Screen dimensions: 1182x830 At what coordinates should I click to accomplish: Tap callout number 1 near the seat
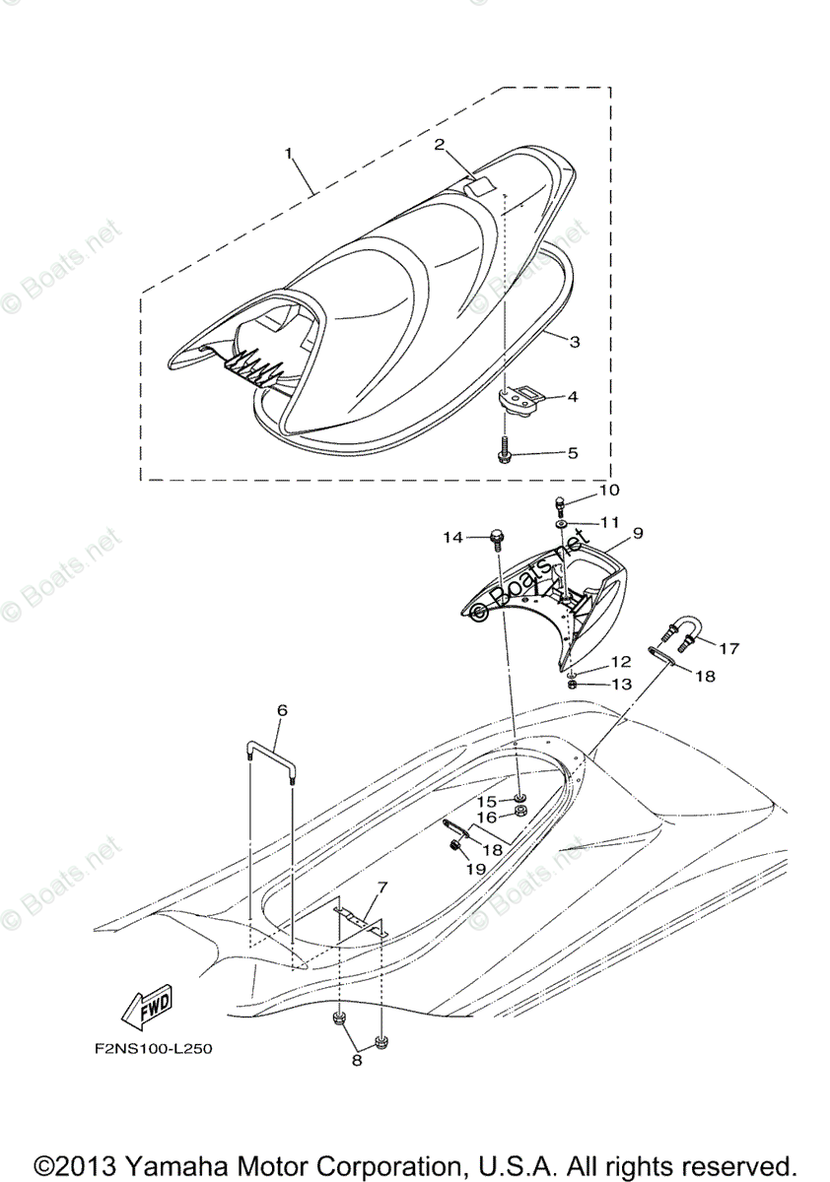point(289,153)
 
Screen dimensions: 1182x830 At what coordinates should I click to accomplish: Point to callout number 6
point(282,709)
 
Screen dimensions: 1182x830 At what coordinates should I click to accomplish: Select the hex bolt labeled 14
point(497,538)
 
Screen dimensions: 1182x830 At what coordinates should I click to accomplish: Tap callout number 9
point(638,533)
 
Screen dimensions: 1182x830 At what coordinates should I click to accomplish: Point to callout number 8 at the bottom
point(357,1060)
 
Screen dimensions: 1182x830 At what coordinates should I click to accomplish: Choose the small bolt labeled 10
point(560,505)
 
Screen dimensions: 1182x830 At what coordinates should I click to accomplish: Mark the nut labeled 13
point(572,683)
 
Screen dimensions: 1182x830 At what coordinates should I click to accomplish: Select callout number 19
point(476,869)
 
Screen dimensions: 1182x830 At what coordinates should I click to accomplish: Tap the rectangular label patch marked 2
point(480,184)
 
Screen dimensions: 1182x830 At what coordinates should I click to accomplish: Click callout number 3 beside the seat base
point(574,342)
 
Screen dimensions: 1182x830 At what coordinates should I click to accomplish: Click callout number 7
point(381,886)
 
